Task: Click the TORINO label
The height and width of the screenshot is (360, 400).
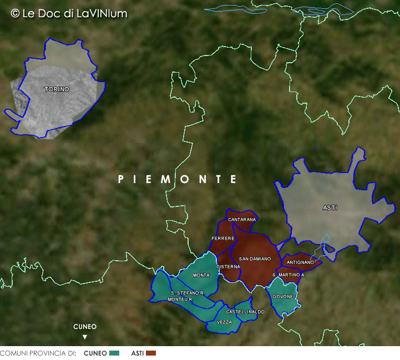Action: (57, 89)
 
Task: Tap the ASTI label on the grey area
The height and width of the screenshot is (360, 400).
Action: (330, 208)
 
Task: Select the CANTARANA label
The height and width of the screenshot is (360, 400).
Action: (242, 220)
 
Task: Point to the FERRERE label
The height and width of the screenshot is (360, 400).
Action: (223, 239)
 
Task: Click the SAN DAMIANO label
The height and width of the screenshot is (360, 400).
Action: (255, 259)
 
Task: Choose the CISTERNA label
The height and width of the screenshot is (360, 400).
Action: (228, 267)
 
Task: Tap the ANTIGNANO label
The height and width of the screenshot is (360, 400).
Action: (300, 262)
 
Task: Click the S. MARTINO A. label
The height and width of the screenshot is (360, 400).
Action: (289, 275)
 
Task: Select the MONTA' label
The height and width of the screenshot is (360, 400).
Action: (201, 276)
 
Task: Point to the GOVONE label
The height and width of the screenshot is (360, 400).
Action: (282, 296)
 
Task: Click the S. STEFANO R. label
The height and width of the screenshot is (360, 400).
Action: (188, 293)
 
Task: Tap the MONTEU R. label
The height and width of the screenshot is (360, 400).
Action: (180, 300)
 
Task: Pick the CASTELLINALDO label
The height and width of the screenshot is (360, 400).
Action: (245, 312)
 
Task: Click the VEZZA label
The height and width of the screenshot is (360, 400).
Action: (224, 322)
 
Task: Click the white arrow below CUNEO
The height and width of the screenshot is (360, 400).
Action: (85, 337)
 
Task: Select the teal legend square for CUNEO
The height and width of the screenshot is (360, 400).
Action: (115, 353)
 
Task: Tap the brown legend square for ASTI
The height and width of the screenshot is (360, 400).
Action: (151, 353)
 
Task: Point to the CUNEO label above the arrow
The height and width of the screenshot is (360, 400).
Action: (85, 327)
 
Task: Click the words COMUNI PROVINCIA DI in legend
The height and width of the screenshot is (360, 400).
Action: (38, 353)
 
